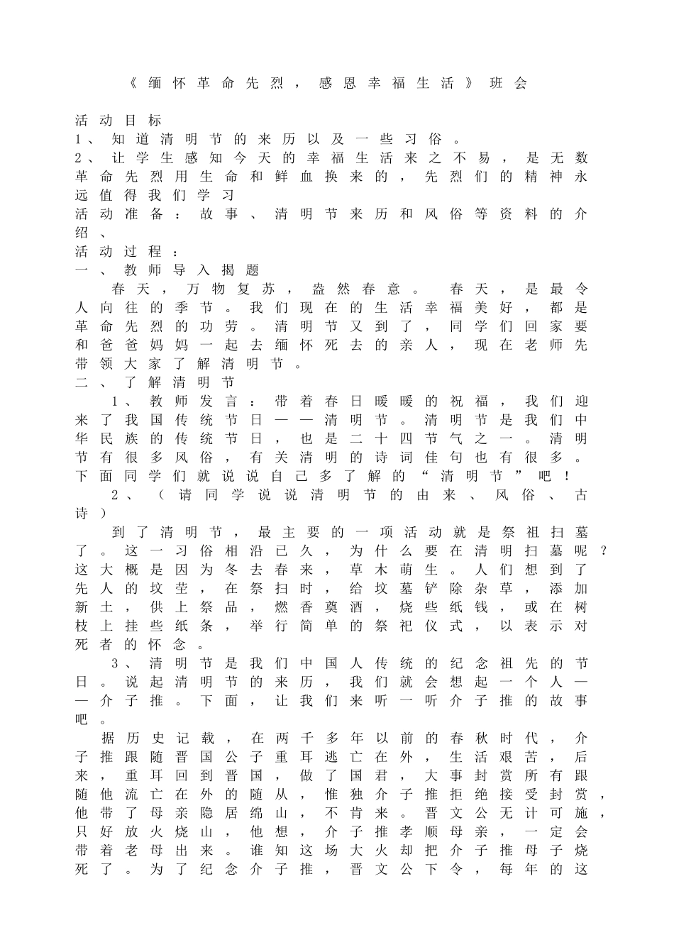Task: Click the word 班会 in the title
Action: (509, 83)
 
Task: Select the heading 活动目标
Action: (118, 121)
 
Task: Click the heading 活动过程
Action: (118, 251)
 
